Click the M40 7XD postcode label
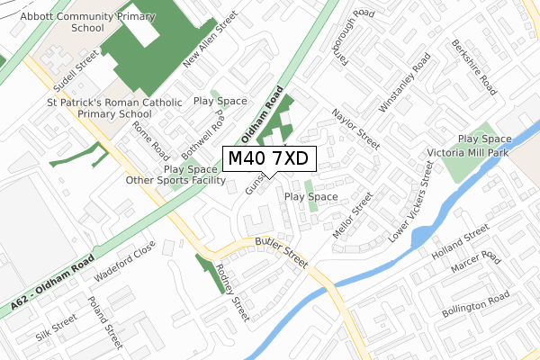(x=268, y=158)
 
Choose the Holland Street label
(x=458, y=249)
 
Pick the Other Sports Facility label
(x=175, y=180)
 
